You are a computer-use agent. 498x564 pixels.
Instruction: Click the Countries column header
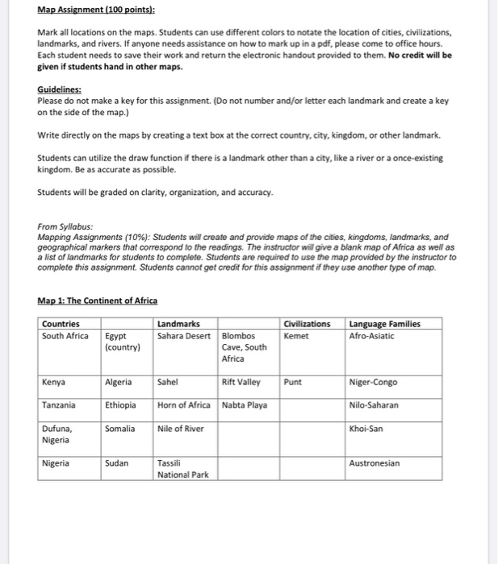click(x=62, y=324)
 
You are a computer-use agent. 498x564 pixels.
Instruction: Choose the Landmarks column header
click(x=178, y=324)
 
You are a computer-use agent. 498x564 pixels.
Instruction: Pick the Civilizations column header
click(x=308, y=324)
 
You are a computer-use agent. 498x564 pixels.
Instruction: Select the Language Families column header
click(x=384, y=324)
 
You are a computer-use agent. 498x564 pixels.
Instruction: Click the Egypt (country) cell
click(x=122, y=342)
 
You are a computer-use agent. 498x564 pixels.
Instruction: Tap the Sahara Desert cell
click(x=183, y=336)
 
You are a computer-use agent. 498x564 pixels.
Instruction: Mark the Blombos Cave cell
click(x=244, y=347)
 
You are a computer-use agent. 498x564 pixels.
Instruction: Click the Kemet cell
click(x=296, y=336)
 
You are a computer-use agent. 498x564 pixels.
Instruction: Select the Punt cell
click(x=294, y=382)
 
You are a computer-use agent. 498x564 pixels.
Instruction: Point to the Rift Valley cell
click(x=241, y=382)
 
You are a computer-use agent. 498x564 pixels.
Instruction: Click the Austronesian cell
click(x=376, y=464)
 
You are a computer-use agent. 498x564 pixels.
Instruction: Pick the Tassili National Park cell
click(x=182, y=469)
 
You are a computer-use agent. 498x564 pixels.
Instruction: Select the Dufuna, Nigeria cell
click(x=57, y=434)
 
